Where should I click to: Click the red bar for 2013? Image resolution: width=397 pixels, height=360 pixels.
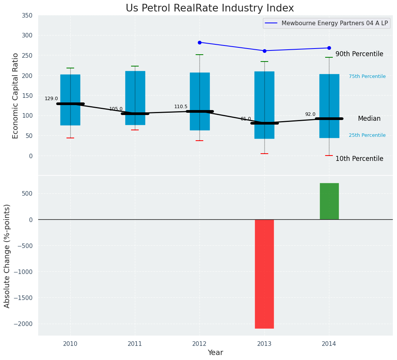(264, 274)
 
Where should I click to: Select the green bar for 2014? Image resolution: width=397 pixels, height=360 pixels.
(329, 201)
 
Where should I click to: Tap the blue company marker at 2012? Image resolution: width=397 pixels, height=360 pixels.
(199, 42)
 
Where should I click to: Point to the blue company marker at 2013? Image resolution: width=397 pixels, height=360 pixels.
(264, 51)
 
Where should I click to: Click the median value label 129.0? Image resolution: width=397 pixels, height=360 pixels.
(51, 99)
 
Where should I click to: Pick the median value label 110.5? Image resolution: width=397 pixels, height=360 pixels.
(181, 107)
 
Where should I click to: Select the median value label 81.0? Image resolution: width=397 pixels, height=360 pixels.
(246, 119)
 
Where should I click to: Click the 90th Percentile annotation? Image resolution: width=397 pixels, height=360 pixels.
(359, 54)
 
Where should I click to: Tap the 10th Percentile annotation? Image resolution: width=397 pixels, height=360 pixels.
(359, 159)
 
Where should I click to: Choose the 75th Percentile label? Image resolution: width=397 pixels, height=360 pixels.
(367, 76)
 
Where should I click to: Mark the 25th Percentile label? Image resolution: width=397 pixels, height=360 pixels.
(367, 135)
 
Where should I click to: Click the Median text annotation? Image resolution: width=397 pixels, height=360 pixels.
(369, 119)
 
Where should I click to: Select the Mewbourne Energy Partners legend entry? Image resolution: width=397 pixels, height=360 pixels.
(334, 23)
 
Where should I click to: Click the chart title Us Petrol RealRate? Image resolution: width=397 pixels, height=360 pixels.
(210, 8)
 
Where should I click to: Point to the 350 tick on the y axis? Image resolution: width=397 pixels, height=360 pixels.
(28, 15)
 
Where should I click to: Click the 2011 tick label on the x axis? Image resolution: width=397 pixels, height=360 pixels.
(135, 344)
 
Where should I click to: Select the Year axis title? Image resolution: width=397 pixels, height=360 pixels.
(215, 353)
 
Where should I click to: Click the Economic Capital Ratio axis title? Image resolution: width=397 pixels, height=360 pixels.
(16, 96)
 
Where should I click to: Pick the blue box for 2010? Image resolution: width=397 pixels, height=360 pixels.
(70, 100)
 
